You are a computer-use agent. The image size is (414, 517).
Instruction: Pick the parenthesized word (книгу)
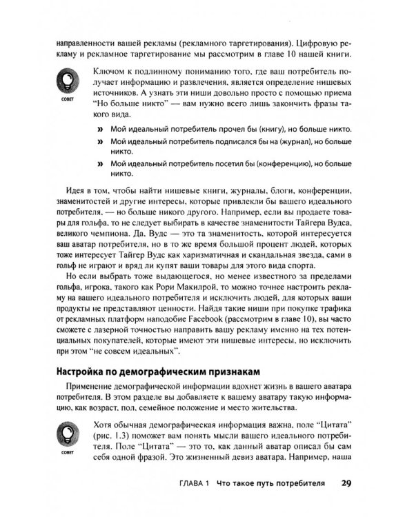tap(245, 129)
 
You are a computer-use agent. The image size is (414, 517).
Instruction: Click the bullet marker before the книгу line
tap(100, 129)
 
